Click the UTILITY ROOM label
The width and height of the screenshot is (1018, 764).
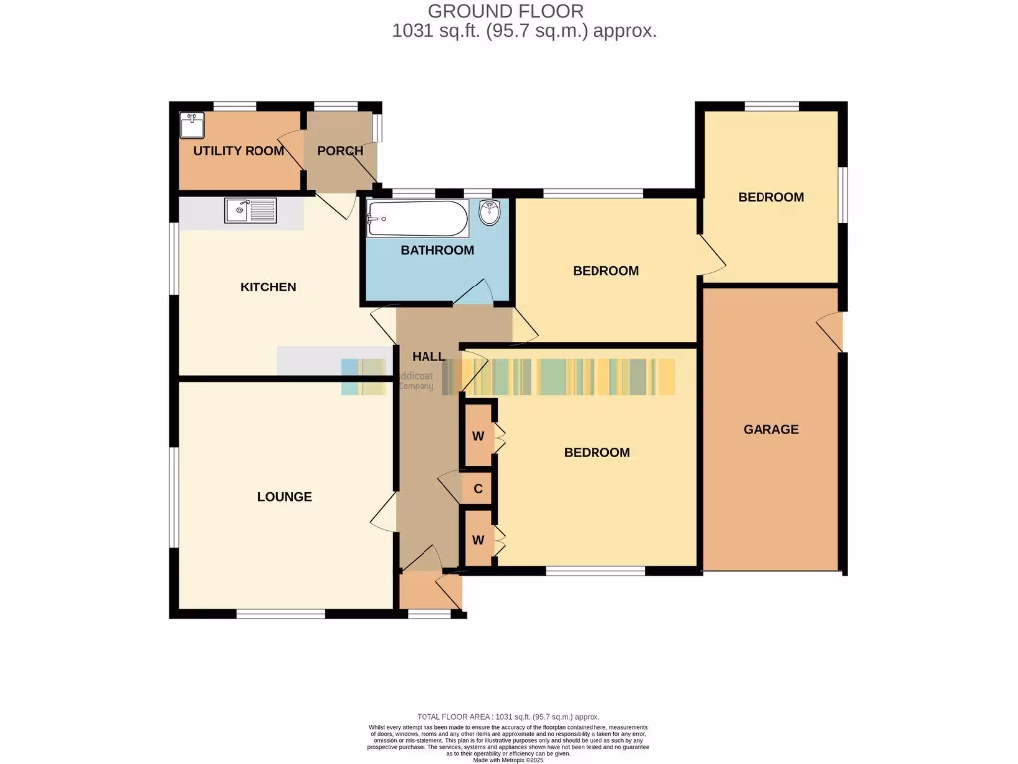(239, 151)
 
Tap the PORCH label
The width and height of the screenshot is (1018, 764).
(339, 151)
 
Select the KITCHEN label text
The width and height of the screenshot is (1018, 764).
(268, 287)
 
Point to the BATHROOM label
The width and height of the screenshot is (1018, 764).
(437, 250)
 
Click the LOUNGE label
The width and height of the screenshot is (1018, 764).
(285, 497)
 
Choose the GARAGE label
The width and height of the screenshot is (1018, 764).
(771, 430)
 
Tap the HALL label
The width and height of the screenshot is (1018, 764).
(428, 356)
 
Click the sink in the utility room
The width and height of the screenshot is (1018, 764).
(191, 125)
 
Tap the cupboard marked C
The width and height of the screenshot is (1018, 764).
(478, 489)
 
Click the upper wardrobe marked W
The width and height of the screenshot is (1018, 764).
(478, 435)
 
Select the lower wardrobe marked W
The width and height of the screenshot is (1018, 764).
(478, 540)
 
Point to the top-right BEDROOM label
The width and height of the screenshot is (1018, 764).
(770, 197)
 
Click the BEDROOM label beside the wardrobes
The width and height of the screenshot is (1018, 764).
(596, 453)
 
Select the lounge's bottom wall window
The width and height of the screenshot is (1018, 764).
(281, 614)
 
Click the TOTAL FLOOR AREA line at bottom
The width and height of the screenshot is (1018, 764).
(508, 717)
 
